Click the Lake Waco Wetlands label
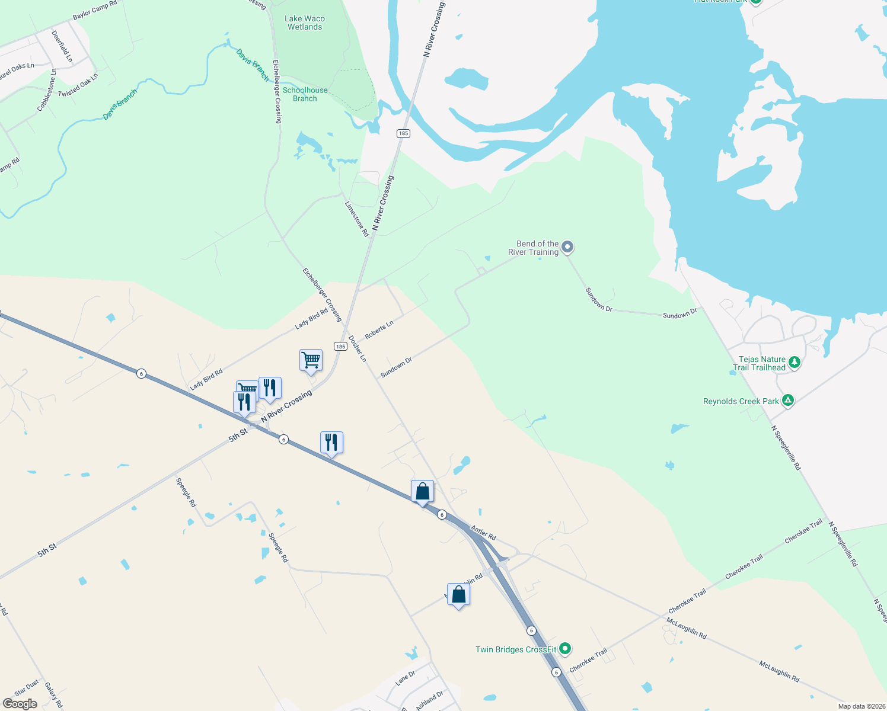pyautogui.click(x=305, y=23)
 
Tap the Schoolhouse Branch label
pyautogui.click(x=305, y=94)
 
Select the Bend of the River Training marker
pyautogui.click(x=567, y=246)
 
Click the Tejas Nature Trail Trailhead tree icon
pyautogui.click(x=795, y=362)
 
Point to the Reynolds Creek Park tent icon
pyautogui.click(x=788, y=401)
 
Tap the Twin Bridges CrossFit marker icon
pyautogui.click(x=566, y=649)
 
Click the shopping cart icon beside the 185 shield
pyautogui.click(x=311, y=360)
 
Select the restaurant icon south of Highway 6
pyautogui.click(x=331, y=442)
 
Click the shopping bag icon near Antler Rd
pyautogui.click(x=422, y=491)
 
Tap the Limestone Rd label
pyautogui.click(x=357, y=219)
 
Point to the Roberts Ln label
pyautogui.click(x=379, y=330)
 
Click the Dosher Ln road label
pyautogui.click(x=357, y=349)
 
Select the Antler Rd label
pyautogui.click(x=483, y=532)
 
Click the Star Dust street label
pyautogui.click(x=27, y=688)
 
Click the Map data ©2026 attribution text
pyautogui.click(x=861, y=706)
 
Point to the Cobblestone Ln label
pyautogui.click(x=47, y=90)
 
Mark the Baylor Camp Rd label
pyautogui.click(x=95, y=10)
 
